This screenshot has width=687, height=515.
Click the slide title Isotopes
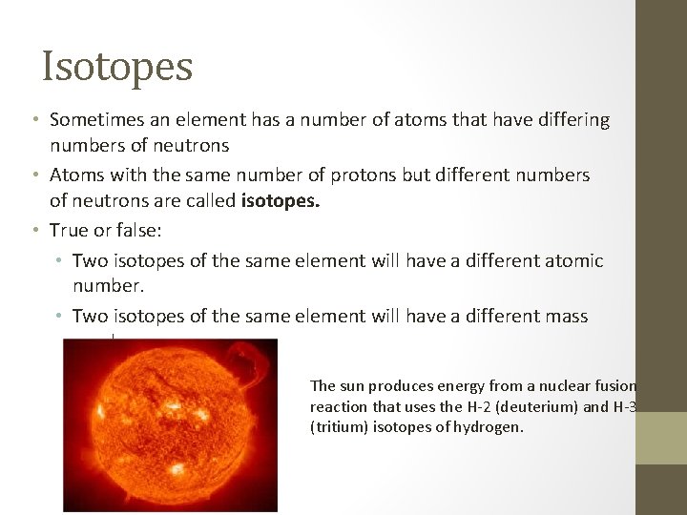pyautogui.click(x=117, y=67)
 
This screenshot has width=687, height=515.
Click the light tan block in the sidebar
pyautogui.click(x=661, y=438)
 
